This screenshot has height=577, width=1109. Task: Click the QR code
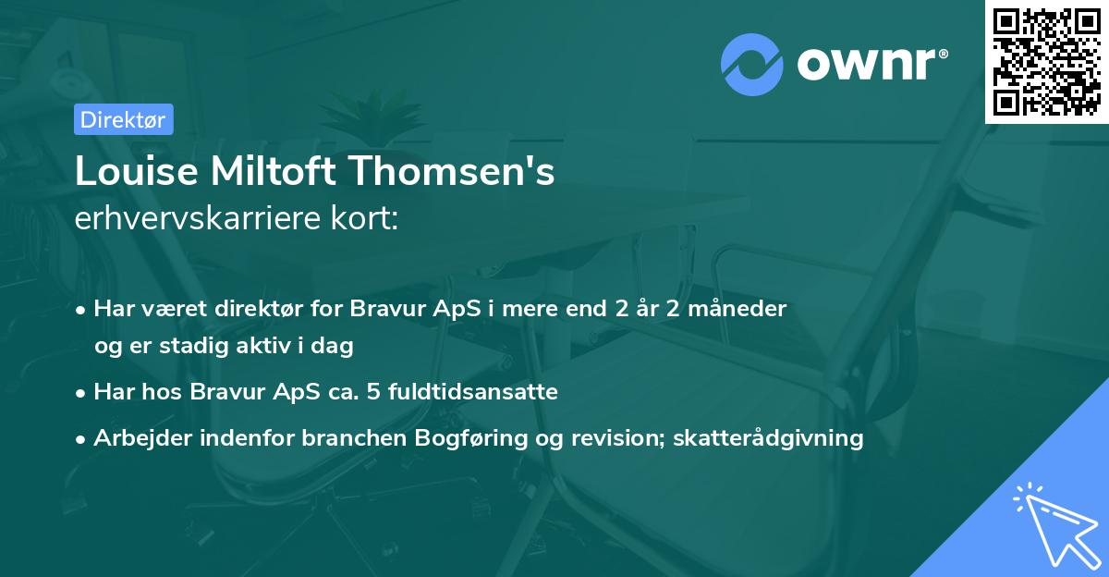[x=1046, y=61]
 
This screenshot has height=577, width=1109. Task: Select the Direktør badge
[x=123, y=118]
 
